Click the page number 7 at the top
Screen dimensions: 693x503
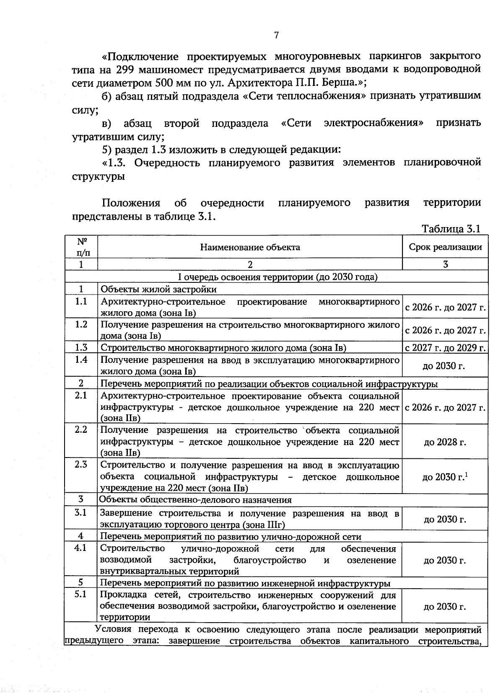coord(276,35)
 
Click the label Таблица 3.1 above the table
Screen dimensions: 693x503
coord(451,229)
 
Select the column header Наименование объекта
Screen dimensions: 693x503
coord(250,247)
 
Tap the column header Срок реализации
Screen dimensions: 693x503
coord(445,247)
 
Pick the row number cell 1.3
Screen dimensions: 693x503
coord(81,347)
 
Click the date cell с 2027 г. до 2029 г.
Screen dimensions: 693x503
coord(445,348)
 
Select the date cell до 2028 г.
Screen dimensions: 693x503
coord(445,442)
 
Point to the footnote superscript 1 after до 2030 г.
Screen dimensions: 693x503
coord(467,474)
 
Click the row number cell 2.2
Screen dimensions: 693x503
coord(81,430)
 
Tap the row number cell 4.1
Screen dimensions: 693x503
coord(81,548)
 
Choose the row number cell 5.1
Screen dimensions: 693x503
coord(81,594)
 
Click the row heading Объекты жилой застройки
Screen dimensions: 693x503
coord(159,289)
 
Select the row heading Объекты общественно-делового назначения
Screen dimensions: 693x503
coord(195,500)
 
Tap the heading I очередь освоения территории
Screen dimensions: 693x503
coord(277,277)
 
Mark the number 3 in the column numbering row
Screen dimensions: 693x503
coord(445,264)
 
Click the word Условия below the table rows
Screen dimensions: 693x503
coord(113,629)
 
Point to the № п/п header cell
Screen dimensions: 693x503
coord(82,247)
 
